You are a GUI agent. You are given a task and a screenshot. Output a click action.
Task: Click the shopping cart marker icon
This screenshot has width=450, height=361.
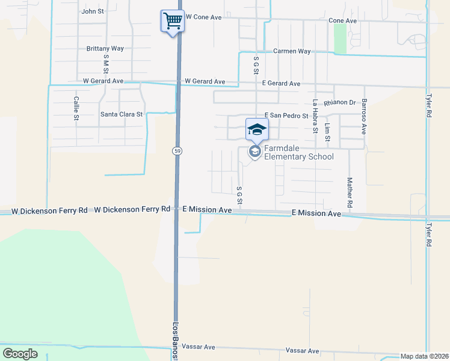pos(172,22)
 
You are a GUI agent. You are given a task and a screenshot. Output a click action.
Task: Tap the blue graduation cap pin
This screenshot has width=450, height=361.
pos(257,129)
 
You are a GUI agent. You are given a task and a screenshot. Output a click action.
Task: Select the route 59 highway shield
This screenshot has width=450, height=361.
pos(177,150)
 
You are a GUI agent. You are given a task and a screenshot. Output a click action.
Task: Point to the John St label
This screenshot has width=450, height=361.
pos(93,11)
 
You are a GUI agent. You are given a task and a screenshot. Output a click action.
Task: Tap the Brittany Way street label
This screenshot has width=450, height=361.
pos(105,48)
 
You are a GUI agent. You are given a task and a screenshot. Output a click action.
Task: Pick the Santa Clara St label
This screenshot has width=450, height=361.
pos(122,114)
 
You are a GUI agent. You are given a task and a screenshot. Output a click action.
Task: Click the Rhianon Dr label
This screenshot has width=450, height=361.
pos(340,103)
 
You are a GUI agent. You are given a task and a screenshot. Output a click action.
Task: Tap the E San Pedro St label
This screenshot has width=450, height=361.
pos(286,116)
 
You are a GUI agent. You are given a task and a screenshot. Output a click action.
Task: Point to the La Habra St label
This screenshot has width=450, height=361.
pos(315,115)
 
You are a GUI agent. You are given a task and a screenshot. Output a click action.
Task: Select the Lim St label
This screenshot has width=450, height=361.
pos(327,132)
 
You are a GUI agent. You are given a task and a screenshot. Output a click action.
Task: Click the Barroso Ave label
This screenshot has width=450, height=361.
pos(364,117)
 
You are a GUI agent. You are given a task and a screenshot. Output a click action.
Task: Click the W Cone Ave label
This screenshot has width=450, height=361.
pos(204,17)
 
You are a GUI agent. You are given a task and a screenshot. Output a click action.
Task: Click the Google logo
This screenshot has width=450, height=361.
pos(20,353)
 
